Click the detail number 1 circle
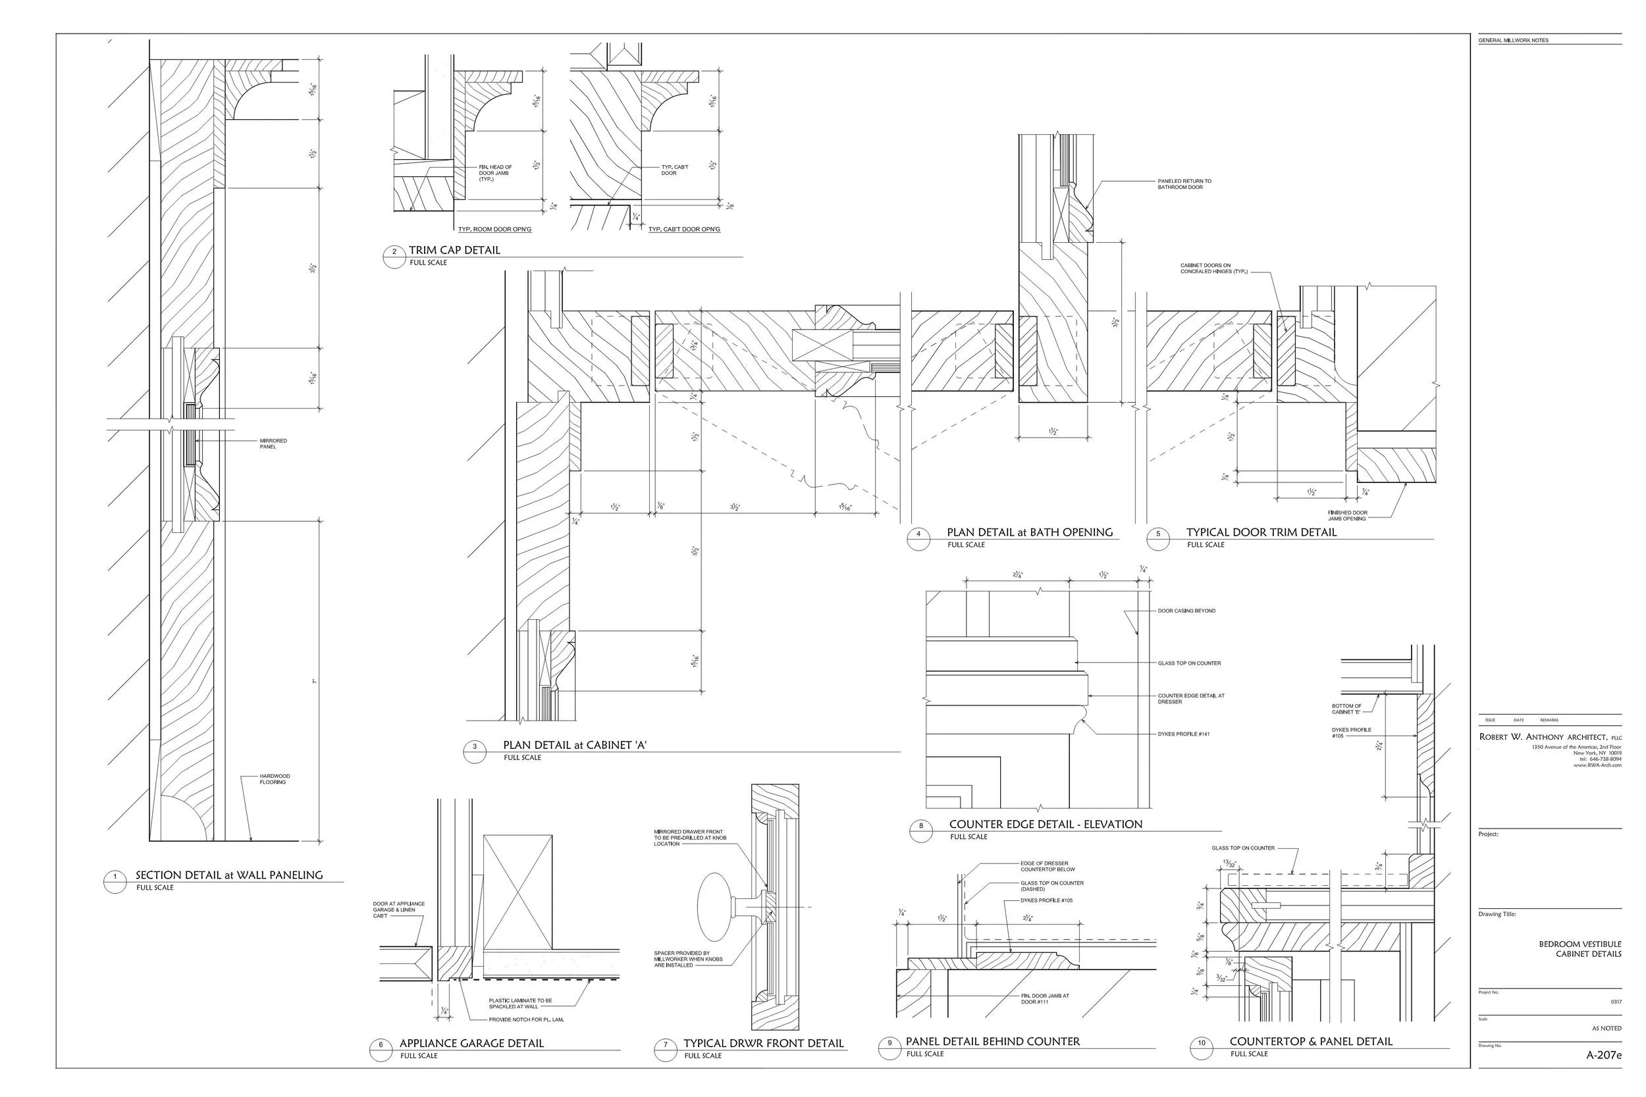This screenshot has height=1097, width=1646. click(x=115, y=877)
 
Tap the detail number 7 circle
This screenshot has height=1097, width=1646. click(x=665, y=1045)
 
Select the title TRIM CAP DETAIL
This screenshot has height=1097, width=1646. click(x=454, y=250)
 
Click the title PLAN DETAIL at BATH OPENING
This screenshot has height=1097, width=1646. click(x=1030, y=532)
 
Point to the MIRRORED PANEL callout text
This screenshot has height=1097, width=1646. click(x=273, y=444)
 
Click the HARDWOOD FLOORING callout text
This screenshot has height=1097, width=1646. click(x=275, y=778)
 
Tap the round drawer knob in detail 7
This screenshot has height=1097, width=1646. click(x=715, y=907)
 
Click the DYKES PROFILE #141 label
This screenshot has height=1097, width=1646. click(x=1183, y=734)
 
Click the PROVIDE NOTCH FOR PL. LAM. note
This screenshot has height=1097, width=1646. click(x=526, y=1019)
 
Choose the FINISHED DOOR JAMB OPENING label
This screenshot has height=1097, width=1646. click(x=1347, y=516)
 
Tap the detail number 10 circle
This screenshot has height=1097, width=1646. click(x=1201, y=1043)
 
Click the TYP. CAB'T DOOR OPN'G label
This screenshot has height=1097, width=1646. click(x=683, y=230)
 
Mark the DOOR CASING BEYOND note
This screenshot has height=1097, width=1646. click(x=1186, y=611)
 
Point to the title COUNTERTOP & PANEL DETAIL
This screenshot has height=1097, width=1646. click(x=1311, y=1042)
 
